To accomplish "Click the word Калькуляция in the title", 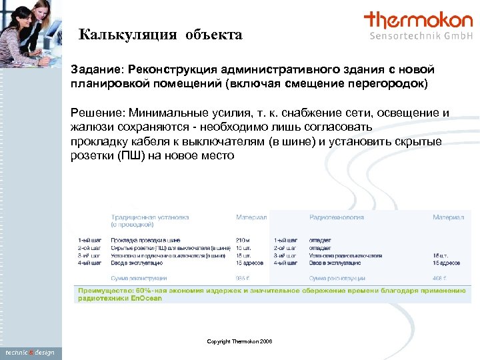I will [124, 35].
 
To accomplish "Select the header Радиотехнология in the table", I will [336, 217].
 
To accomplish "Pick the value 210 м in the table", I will [243, 240].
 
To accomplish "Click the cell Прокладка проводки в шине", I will [145, 240].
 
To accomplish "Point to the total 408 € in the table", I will [439, 277].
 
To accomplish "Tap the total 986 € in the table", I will [243, 277].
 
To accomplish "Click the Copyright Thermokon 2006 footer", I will [239, 341].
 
